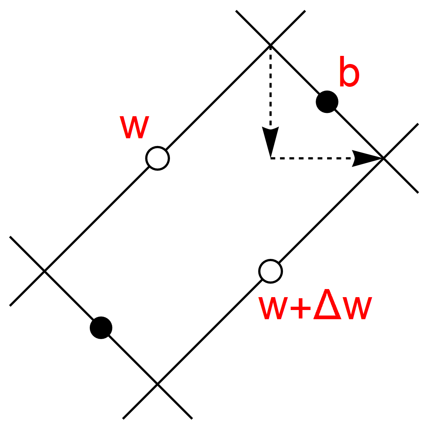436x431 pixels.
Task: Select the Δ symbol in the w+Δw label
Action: [329, 306]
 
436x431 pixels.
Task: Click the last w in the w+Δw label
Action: [357, 309]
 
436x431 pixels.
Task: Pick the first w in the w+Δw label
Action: [273, 309]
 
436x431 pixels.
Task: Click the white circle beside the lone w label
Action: [157, 158]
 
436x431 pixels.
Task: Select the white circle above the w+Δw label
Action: [270, 271]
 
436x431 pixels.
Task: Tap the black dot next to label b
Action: [327, 101]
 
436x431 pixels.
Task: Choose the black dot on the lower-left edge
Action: [101, 327]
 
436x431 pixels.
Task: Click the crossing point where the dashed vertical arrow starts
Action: [270, 45]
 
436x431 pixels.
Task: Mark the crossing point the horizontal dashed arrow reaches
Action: [383, 158]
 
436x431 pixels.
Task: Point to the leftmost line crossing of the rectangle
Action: [45, 271]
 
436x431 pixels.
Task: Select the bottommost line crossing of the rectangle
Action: [157, 384]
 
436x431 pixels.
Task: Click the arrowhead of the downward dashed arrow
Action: [270, 140]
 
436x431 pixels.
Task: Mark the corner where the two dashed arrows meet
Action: [270, 158]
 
